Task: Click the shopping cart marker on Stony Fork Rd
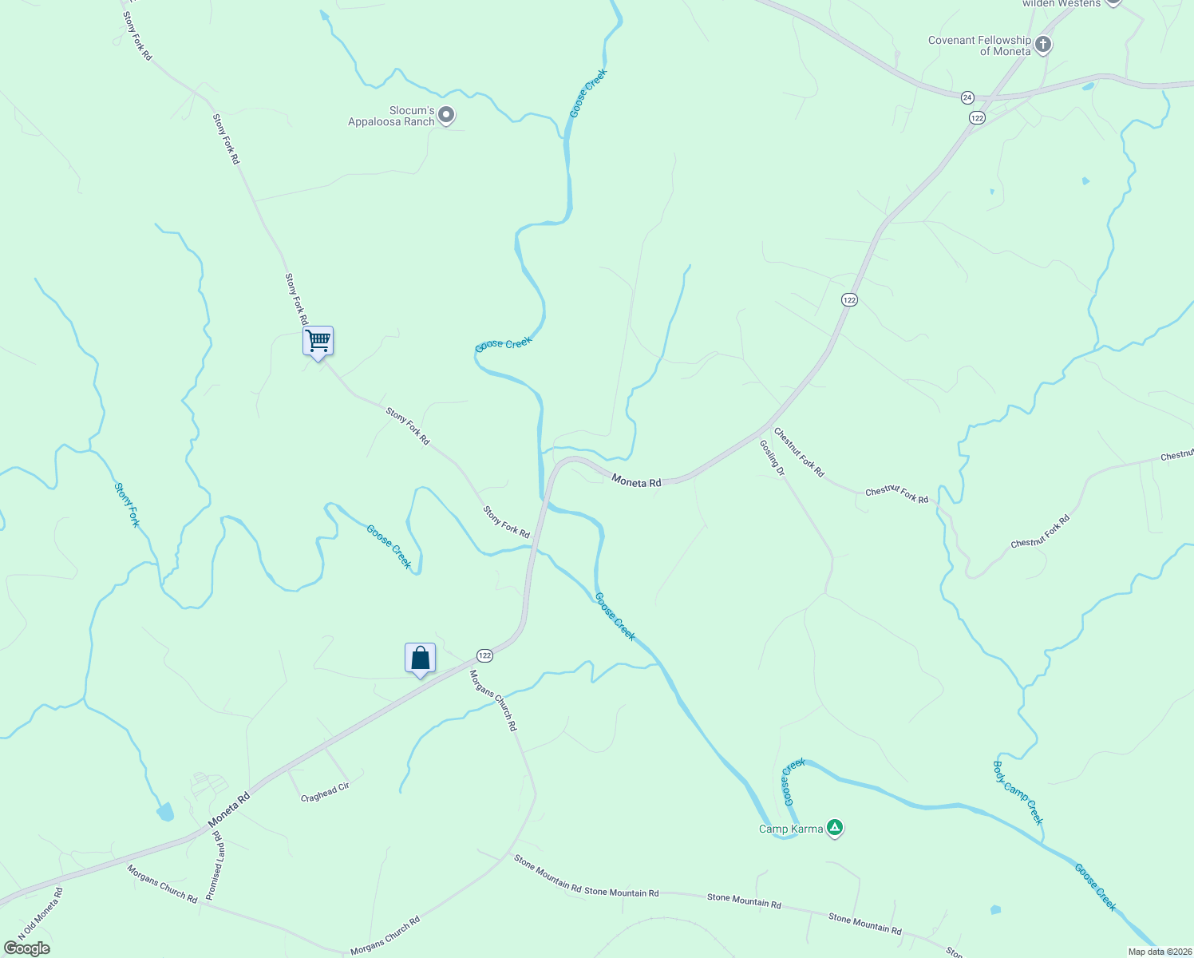pos(318,342)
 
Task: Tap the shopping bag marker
pos(420,659)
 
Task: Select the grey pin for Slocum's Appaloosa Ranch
pos(447,116)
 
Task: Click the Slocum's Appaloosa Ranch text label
pos(391,117)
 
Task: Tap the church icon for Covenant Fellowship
pos(1043,45)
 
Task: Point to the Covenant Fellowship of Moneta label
pos(980,46)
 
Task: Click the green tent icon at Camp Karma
pos(835,828)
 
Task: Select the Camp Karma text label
pos(790,829)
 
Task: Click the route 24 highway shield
pos(967,97)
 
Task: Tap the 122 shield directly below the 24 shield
pos(978,117)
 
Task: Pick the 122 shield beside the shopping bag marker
pos(484,655)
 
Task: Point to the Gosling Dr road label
pos(772,458)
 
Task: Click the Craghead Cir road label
pos(325,792)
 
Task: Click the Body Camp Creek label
pos(1018,792)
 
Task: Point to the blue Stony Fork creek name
pos(127,505)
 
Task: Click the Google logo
pos(27,948)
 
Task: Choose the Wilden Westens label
pos(1061,4)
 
